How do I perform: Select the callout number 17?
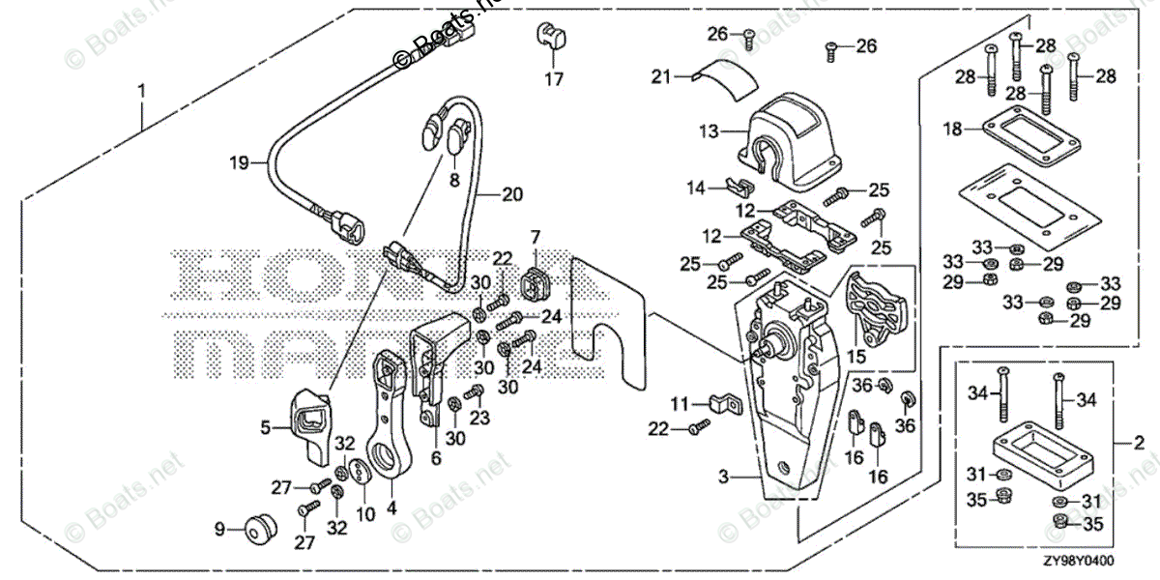click(553, 79)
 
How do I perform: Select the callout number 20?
click(511, 193)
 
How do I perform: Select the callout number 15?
click(855, 356)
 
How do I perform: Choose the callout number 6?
click(436, 459)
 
